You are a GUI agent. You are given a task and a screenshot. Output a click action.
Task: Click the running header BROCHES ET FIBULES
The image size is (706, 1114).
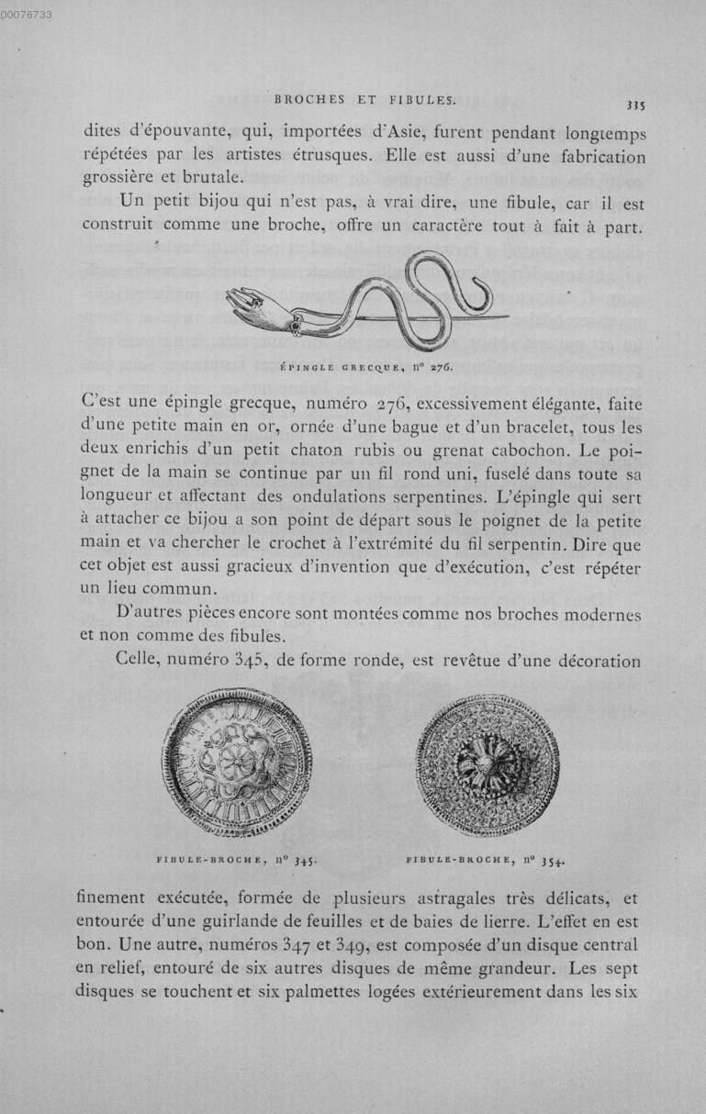[353, 99]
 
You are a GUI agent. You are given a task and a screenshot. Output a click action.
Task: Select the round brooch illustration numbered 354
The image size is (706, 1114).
[487, 764]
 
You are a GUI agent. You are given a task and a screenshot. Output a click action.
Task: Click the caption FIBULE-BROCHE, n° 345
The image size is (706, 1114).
[237, 861]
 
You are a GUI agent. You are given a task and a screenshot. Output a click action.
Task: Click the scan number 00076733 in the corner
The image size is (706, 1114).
[27, 14]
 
